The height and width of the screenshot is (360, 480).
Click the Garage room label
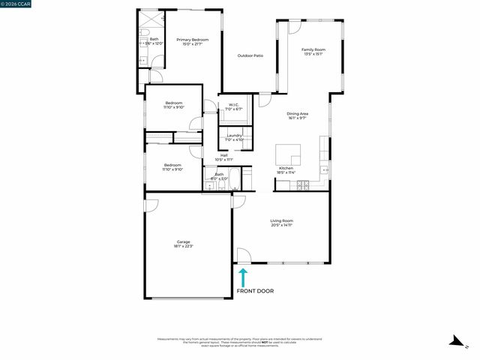(183, 241)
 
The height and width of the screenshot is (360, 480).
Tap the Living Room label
(281, 220)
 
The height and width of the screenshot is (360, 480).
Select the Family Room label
(314, 50)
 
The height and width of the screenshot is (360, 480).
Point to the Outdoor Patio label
(250, 55)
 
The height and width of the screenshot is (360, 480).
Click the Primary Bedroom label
(193, 40)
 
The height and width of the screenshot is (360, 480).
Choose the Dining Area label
(298, 114)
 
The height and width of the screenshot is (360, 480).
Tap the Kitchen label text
(286, 168)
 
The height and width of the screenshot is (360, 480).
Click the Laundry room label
(235, 135)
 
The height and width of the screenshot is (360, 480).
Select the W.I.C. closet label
(233, 105)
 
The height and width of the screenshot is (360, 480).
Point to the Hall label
(223, 155)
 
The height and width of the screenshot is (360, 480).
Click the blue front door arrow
(244, 277)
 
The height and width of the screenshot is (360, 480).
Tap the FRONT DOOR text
(255, 291)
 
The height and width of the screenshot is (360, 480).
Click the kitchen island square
(288, 154)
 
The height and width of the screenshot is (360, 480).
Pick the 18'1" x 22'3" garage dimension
(184, 246)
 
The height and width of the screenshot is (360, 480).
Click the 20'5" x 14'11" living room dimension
(281, 225)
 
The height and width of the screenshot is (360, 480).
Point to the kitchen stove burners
(304, 184)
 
